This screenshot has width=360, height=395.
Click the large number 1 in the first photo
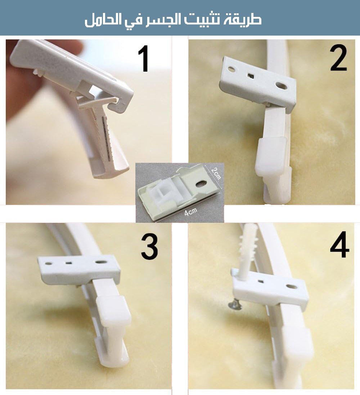tap(144, 59)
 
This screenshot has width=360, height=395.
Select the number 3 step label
tap(150, 247)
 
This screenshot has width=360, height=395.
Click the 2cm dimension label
tap(216, 173)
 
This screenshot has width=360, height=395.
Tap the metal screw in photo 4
tap(235, 306)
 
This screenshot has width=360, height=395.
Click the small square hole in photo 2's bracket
tap(251, 75)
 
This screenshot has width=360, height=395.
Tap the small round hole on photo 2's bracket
tap(231, 69)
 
